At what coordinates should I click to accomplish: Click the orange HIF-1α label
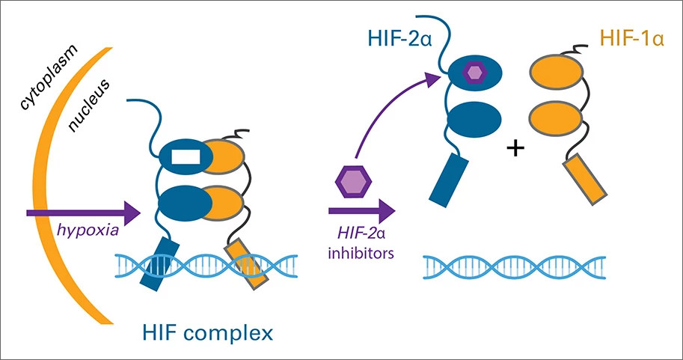[629, 37]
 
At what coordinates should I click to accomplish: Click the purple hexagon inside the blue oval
[474, 73]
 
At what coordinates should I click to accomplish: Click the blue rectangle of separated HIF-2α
[451, 179]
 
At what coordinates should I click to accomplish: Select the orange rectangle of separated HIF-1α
[583, 179]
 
